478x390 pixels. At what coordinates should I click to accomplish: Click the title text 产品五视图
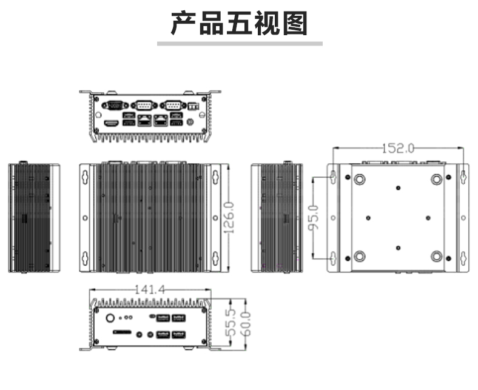239,24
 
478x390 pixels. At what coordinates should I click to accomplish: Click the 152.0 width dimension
398,148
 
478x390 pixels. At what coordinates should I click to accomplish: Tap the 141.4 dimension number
149,290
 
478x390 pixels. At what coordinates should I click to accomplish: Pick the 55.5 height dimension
231,323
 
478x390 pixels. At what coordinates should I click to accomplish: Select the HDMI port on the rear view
111,123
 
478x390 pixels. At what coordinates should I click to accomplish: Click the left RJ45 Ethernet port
144,119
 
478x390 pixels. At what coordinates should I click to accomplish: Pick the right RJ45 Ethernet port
160,119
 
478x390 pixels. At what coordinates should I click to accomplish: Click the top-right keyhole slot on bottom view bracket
463,177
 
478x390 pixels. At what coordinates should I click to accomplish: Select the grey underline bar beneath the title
239,44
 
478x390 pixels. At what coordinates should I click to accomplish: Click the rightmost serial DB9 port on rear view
173,105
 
